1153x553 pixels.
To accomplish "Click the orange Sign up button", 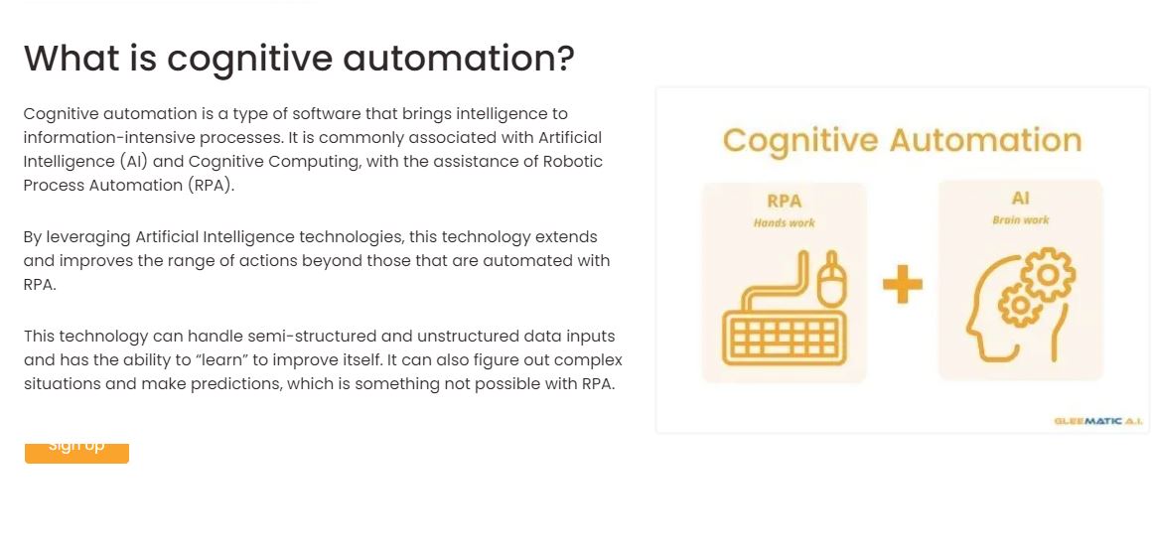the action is click(76, 453).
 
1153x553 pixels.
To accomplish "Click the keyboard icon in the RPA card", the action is click(784, 337).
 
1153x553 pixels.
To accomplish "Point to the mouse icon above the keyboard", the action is click(832, 279).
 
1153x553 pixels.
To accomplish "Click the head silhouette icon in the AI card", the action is click(1020, 304).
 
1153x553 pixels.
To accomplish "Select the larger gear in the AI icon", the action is click(1048, 274).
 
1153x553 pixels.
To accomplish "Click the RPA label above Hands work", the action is click(784, 201).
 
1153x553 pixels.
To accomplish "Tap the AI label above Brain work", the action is click(1021, 198).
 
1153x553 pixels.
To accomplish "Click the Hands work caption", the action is click(784, 222).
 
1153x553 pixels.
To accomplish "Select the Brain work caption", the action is click(1021, 219).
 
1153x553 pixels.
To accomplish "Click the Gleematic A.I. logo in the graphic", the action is click(1097, 421).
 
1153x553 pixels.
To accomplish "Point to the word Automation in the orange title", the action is click(985, 140).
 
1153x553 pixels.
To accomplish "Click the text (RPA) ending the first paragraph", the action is click(212, 186).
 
